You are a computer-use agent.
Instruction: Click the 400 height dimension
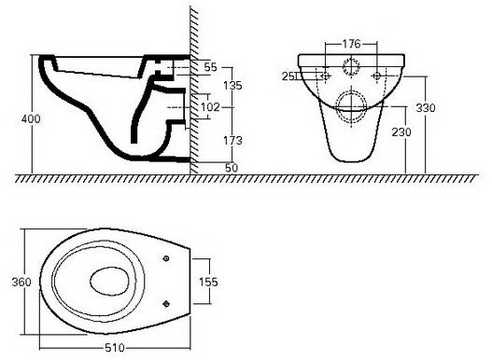[x=31, y=118]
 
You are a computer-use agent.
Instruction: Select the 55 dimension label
[x=210, y=67]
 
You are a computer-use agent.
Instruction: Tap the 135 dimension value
[x=232, y=85]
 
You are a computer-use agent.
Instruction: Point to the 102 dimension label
[x=210, y=107]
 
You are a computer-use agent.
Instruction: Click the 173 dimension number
[x=232, y=141]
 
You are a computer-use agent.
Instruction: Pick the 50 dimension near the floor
[x=232, y=168]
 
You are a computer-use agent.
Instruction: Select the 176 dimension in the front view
[x=351, y=44]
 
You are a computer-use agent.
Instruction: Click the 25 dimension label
[x=288, y=76]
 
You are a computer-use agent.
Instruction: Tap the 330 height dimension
[x=426, y=108]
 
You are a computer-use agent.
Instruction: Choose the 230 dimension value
[x=401, y=132]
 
